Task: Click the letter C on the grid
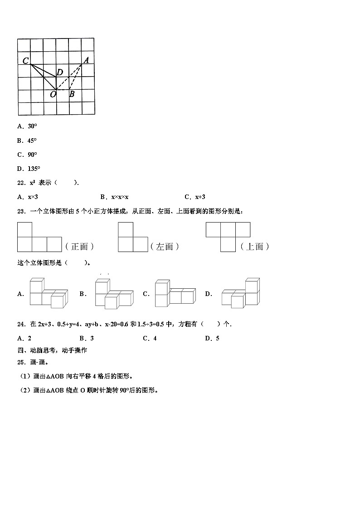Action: pyautogui.click(x=26, y=61)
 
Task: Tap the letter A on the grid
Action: pyautogui.click(x=86, y=59)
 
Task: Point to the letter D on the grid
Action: pyautogui.click(x=59, y=73)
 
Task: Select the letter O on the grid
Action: pyautogui.click(x=53, y=94)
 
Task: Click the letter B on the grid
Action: pyautogui.click(x=71, y=94)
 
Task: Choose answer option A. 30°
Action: pyautogui.click(x=27, y=127)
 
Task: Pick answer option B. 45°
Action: pyautogui.click(x=27, y=141)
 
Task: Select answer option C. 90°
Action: pyautogui.click(x=27, y=155)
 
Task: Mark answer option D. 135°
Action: pyautogui.click(x=28, y=169)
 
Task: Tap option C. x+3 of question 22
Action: pyautogui.click(x=195, y=197)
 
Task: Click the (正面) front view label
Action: pyautogui.click(x=79, y=247)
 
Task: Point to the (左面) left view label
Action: pyautogui.click(x=165, y=247)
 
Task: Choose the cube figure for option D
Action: pyautogui.click(x=241, y=293)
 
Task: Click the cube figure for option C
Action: pyautogui.click(x=174, y=293)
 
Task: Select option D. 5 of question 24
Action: pyautogui.click(x=212, y=338)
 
